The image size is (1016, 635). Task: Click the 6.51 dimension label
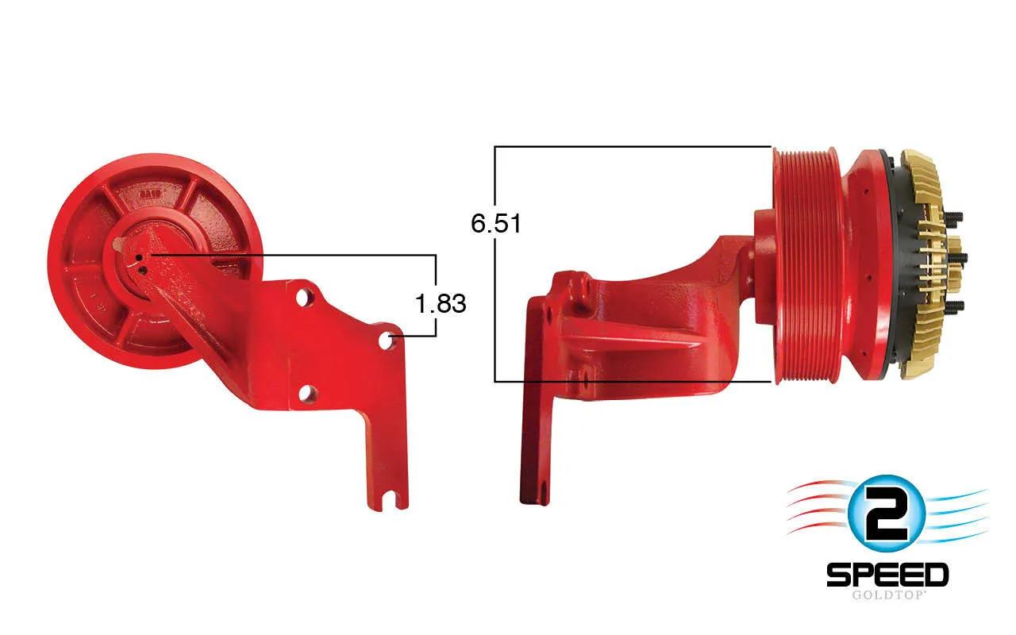(496, 223)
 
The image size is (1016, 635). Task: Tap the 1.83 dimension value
(441, 303)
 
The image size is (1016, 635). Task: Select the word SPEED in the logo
(887, 575)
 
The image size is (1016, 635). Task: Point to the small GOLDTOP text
(887, 595)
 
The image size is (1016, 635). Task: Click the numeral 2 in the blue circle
(885, 515)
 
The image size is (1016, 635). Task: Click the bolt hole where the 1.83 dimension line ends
(386, 341)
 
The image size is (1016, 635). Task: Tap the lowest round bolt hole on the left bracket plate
(306, 393)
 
